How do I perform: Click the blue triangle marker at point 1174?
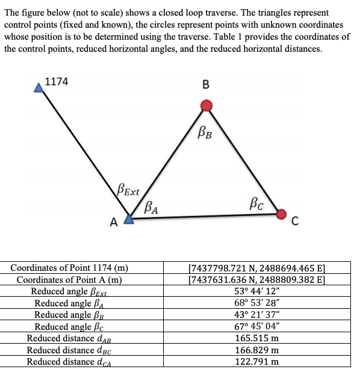pyautogui.click(x=39, y=88)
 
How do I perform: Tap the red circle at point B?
pyautogui.click(x=206, y=106)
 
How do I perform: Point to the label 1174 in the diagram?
pyautogui.click(x=57, y=82)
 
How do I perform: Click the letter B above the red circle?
pyautogui.click(x=206, y=84)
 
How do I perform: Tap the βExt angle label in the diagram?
pyautogui.click(x=128, y=193)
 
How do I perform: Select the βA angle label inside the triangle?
pyautogui.click(x=152, y=208)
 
